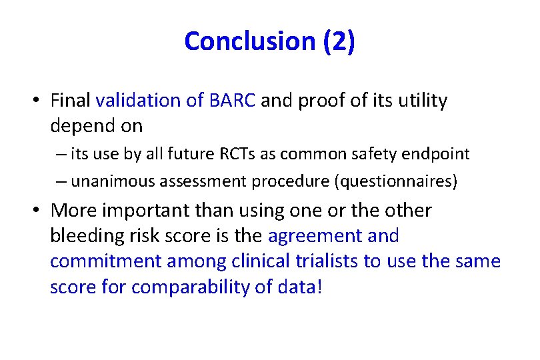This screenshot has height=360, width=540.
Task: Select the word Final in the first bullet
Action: click(x=71, y=101)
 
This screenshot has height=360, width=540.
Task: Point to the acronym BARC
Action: click(x=232, y=101)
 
